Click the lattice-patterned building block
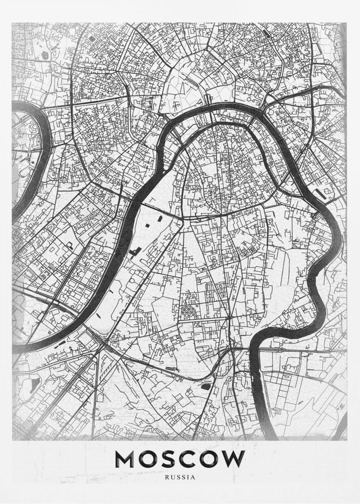tap(188, 313)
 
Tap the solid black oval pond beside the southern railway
tap(205, 386)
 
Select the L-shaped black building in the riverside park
tap(135, 250)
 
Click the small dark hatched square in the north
tap(93, 38)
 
